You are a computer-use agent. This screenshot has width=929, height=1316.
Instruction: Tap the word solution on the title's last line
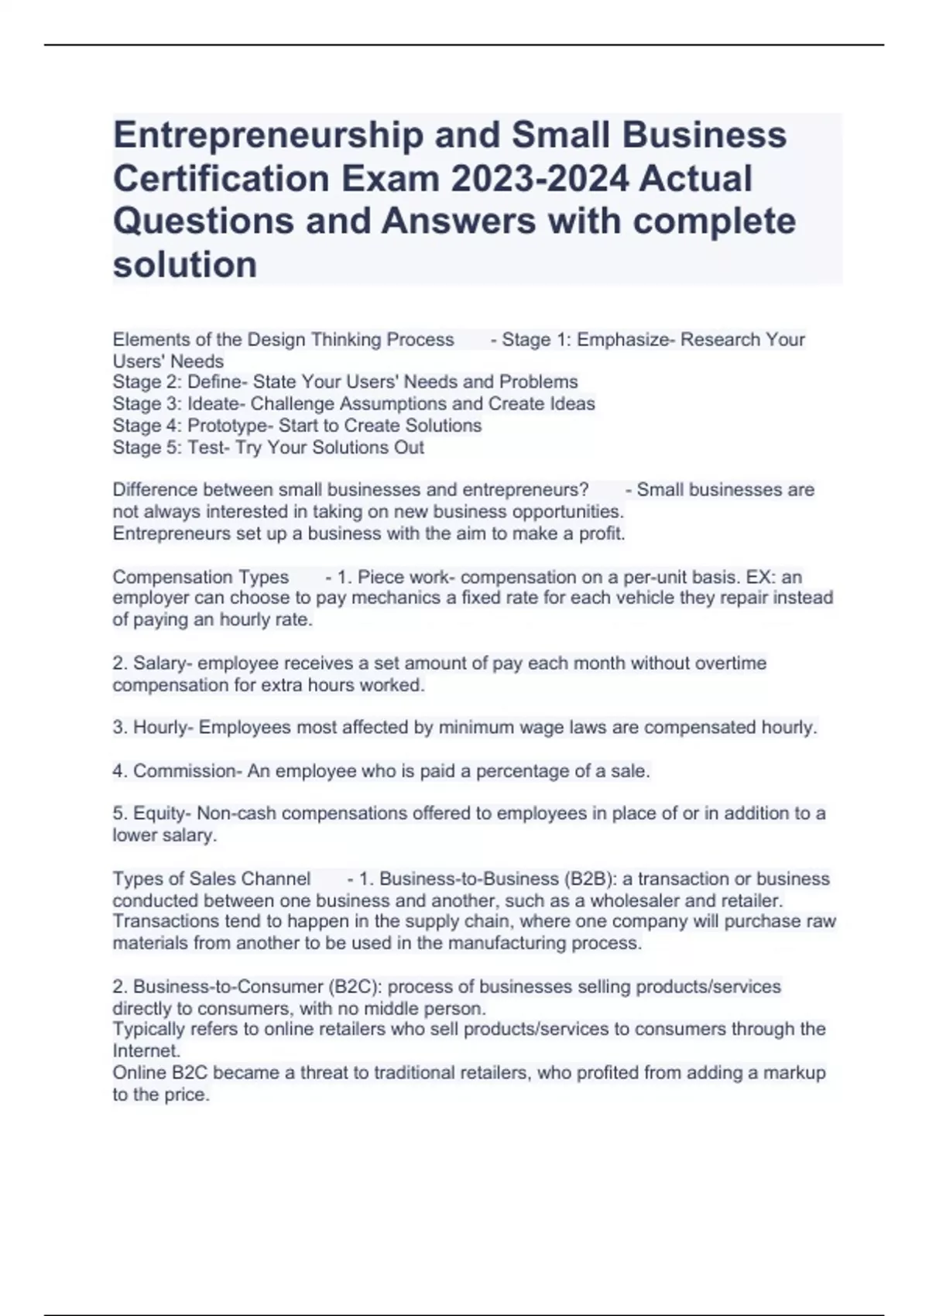pyautogui.click(x=185, y=265)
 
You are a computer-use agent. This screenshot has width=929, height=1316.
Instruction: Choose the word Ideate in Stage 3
pyautogui.click(x=218, y=404)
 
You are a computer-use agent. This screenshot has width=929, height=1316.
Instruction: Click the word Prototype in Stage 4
pyautogui.click(x=228, y=426)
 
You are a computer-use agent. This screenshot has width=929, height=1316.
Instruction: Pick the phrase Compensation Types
pyautogui.click(x=201, y=577)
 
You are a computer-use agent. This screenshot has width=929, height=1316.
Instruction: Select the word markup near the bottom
pyautogui.click(x=796, y=1073)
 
